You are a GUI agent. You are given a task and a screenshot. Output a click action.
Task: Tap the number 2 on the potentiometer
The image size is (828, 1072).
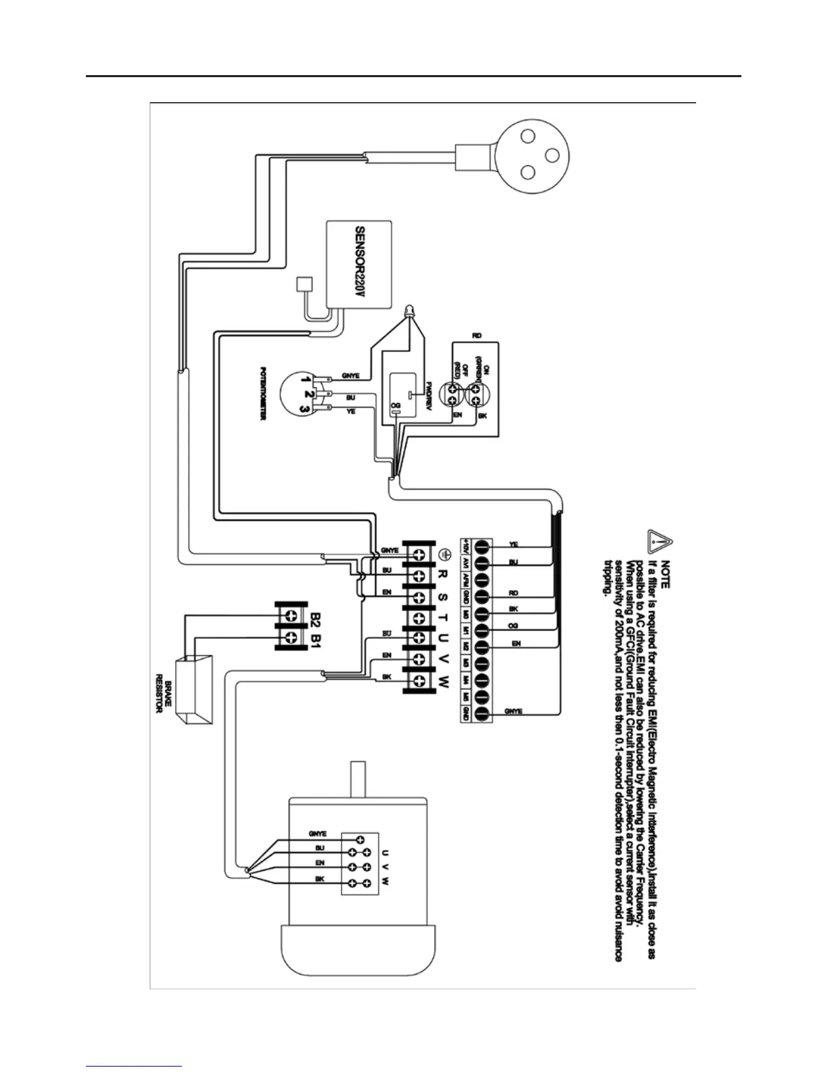pyautogui.click(x=308, y=394)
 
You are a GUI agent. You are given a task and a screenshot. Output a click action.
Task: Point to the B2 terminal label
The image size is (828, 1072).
pyautogui.click(x=316, y=616)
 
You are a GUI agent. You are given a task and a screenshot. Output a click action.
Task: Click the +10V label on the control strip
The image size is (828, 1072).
pyautogui.click(x=466, y=545)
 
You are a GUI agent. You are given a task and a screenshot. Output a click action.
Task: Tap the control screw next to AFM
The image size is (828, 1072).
pyautogui.click(x=482, y=579)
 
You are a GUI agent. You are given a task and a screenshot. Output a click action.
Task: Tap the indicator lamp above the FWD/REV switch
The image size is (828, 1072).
pyautogui.click(x=409, y=313)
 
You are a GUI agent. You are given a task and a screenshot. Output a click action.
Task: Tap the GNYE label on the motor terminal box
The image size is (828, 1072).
pyautogui.click(x=317, y=834)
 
